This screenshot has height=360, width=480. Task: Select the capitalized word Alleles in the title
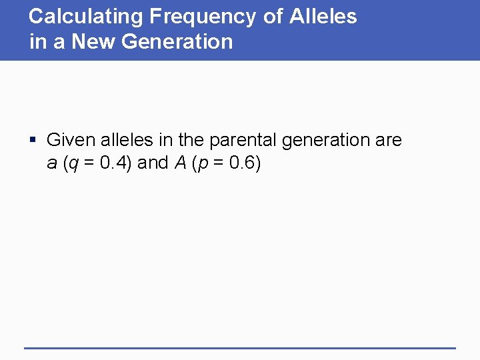coord(323,17)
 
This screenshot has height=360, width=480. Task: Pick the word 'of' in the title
coord(273,17)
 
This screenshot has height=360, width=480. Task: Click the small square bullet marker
coord(34,141)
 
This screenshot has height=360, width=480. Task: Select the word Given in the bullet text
coord(69,140)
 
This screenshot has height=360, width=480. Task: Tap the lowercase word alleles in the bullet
coord(125,140)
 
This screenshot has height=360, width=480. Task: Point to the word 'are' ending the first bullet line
coord(388,141)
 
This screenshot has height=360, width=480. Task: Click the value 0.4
coord(112,163)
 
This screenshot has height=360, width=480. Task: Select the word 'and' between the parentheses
coord(153,163)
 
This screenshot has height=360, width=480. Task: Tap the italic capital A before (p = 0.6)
coord(180,163)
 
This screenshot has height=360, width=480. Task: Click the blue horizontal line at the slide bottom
coord(240,347)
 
